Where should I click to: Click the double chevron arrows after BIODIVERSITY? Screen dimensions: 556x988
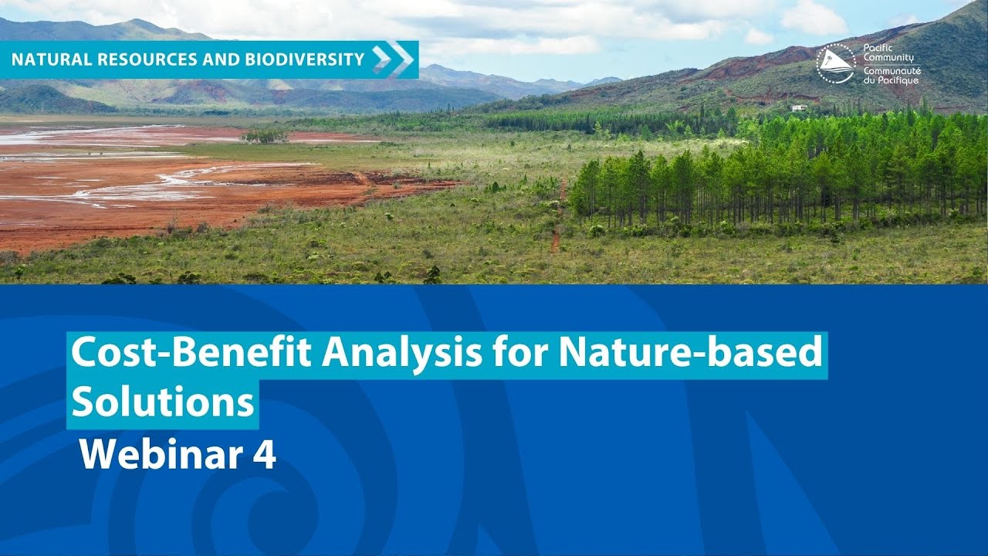click(x=392, y=59)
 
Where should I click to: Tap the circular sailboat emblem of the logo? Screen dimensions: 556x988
click(x=836, y=63)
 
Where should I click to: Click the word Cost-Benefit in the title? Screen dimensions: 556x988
click(x=192, y=354)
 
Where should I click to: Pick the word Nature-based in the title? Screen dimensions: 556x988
click(x=690, y=354)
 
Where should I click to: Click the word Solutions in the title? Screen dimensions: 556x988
click(x=163, y=402)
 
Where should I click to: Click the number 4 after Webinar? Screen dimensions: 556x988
click(x=264, y=455)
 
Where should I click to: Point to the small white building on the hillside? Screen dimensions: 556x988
click(x=799, y=107)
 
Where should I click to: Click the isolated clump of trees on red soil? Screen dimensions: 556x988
click(x=265, y=136)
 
